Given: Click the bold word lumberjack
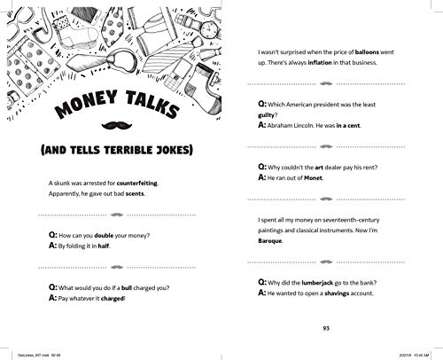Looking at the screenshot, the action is coord(318,280).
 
